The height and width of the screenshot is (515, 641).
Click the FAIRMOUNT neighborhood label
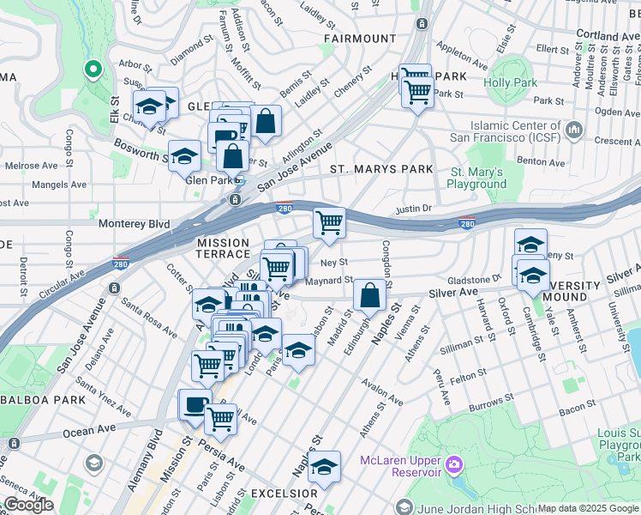pos(360,39)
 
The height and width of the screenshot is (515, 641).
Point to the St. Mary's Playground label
pos(478,178)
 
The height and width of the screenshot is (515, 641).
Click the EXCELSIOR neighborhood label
pos(284,494)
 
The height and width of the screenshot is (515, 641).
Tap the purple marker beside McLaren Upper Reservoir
pos(453,466)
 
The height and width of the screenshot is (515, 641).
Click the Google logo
pos(28,505)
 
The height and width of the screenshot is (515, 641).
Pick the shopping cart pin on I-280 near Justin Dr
pos(329,223)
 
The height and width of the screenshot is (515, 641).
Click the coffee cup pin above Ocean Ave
pos(195,404)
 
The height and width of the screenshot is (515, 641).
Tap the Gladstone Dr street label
pos(473,280)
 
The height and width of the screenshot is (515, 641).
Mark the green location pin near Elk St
pos(93,68)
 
